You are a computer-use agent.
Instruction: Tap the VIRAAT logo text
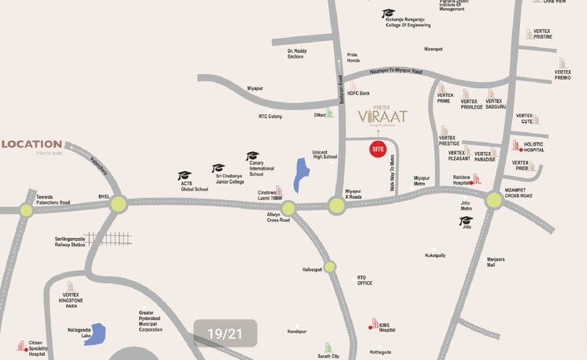pyautogui.click(x=383, y=117)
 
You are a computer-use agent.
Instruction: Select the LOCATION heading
pyautogui.click(x=32, y=144)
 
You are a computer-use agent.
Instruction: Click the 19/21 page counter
pyautogui.click(x=225, y=334)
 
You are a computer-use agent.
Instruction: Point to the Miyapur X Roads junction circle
pyautogui.click(x=336, y=206)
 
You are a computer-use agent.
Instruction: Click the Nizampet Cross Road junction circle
pyautogui.click(x=494, y=200)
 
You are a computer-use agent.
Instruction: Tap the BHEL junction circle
pyautogui.click(x=118, y=204)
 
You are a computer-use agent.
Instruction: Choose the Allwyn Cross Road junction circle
pyautogui.click(x=288, y=208)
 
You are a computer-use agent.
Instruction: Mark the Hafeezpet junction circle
pyautogui.click(x=329, y=267)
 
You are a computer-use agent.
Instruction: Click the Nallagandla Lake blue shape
pyautogui.click(x=94, y=334)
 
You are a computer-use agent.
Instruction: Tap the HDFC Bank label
pyautogui.click(x=359, y=93)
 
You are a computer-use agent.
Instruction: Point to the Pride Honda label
pyautogui.click(x=353, y=58)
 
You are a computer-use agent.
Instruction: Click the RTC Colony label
pyautogui.click(x=270, y=117)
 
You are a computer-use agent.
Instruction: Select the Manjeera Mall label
pyautogui.click(x=496, y=262)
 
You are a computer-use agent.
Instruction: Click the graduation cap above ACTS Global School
pyautogui.click(x=184, y=176)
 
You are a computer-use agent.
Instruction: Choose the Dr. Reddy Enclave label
pyautogui.click(x=295, y=54)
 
